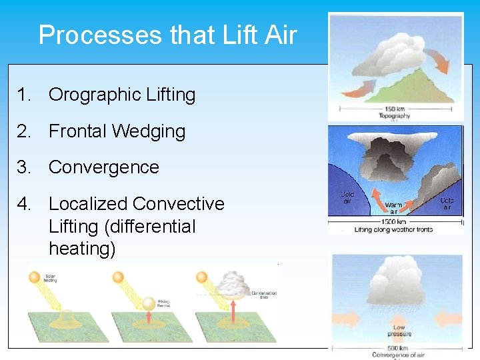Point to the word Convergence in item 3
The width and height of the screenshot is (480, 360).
coord(104,167)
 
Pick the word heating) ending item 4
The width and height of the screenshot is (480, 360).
coord(82,249)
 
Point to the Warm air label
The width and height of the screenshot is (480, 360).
coord(393,209)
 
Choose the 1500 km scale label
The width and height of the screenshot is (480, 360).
coord(395,221)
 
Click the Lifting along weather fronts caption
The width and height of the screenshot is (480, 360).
coord(393,230)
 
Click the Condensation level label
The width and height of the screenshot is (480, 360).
coord(259,294)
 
